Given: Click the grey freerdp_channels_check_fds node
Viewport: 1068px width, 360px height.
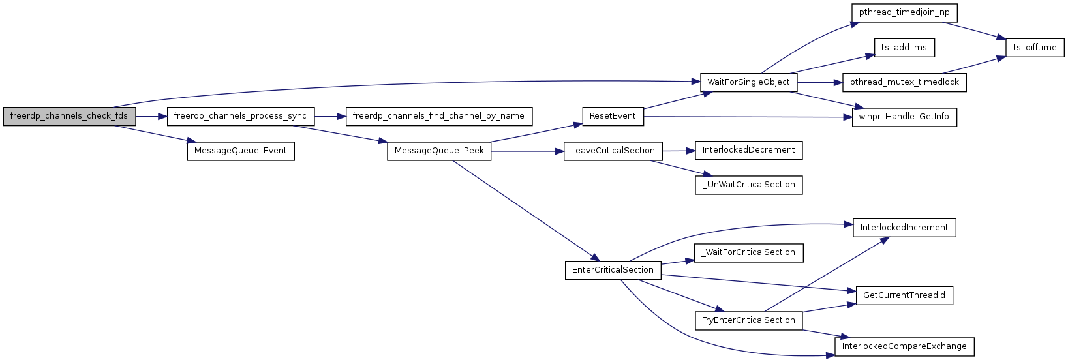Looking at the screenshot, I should pos(69,116).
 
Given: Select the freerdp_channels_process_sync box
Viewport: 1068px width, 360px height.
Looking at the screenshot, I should pos(240,116).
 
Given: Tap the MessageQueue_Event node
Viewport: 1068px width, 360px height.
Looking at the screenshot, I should pos(241,151).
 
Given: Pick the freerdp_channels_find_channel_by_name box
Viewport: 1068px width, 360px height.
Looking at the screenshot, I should pos(438,116).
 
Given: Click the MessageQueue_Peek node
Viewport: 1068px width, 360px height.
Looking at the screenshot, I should pos(439,151).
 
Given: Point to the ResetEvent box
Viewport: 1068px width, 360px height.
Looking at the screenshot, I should pos(612,116).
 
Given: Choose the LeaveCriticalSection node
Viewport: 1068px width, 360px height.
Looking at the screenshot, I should pos(613,151).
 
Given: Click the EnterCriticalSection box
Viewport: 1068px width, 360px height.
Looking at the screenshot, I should pos(613,270).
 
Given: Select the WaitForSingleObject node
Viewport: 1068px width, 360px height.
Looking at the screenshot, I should pos(748,82).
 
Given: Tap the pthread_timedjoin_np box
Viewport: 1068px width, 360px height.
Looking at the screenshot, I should pos(904,12).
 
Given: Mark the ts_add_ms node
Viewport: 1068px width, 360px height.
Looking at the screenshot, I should pos(904,48).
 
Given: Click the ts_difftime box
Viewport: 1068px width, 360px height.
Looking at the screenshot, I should pos(1034,48).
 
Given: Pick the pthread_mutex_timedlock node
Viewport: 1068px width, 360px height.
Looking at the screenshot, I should pos(904,82).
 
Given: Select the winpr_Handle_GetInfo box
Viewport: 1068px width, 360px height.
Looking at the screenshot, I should pos(904,117).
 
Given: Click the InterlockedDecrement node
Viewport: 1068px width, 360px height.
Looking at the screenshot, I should pos(748,150).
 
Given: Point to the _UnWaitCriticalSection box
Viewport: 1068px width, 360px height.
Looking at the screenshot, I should pos(748,185).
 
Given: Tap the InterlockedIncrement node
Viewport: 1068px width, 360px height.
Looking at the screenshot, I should pos(904,228).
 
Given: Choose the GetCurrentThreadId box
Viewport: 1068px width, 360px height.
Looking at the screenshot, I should pos(904,295).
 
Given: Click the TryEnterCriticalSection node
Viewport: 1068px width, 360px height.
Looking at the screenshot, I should pos(748,320).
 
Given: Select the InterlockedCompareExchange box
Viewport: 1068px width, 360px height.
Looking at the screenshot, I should pos(904,346).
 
